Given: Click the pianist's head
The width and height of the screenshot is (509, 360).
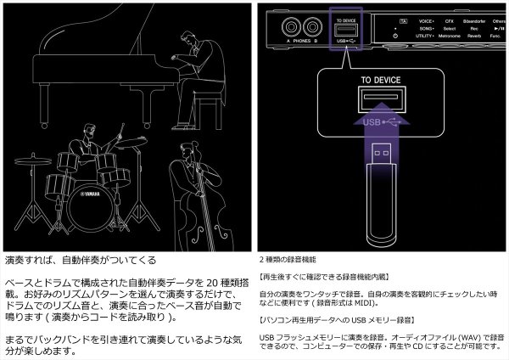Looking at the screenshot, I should point(189,39).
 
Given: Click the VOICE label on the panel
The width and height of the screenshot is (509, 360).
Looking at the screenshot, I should point(425,19).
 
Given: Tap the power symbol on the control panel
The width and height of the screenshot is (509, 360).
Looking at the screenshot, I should point(395,36).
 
